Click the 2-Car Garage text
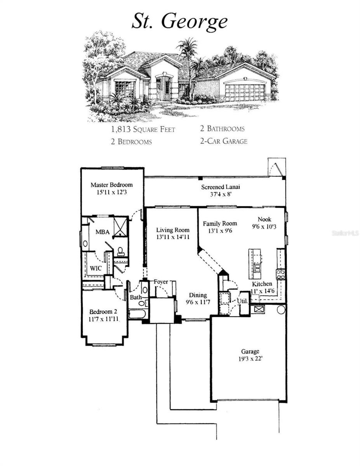click(223, 141)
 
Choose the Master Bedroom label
click(111, 185)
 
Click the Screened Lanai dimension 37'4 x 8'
click(220, 194)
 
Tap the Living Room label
click(173, 230)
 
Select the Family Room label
click(220, 223)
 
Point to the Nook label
click(264, 219)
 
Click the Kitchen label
click(262, 284)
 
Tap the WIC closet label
click(96, 268)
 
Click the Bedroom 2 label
click(103, 312)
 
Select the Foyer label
click(160, 282)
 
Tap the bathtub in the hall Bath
click(137, 314)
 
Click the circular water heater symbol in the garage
click(281, 310)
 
